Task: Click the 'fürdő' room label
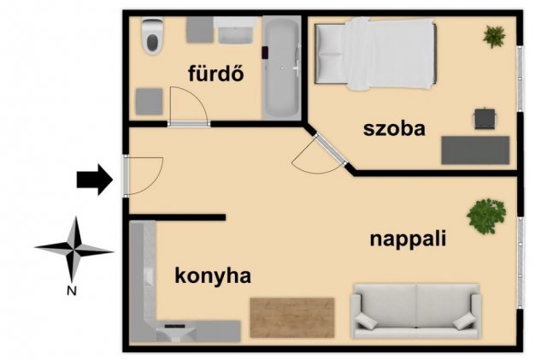click(216, 74)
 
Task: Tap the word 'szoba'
click(394, 128)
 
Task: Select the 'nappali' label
click(408, 240)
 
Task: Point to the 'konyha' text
click(213, 276)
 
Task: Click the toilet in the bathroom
click(152, 36)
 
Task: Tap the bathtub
click(281, 68)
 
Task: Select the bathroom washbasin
click(235, 31)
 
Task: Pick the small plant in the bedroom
click(494, 37)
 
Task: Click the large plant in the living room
click(486, 216)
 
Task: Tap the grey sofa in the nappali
click(416, 310)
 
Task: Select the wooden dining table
click(292, 317)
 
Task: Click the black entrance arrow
click(95, 180)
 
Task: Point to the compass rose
click(74, 250)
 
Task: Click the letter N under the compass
click(72, 291)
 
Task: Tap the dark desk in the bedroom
click(475, 150)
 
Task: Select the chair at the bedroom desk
click(485, 119)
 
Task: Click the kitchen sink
click(176, 333)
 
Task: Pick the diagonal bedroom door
click(331, 150)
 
